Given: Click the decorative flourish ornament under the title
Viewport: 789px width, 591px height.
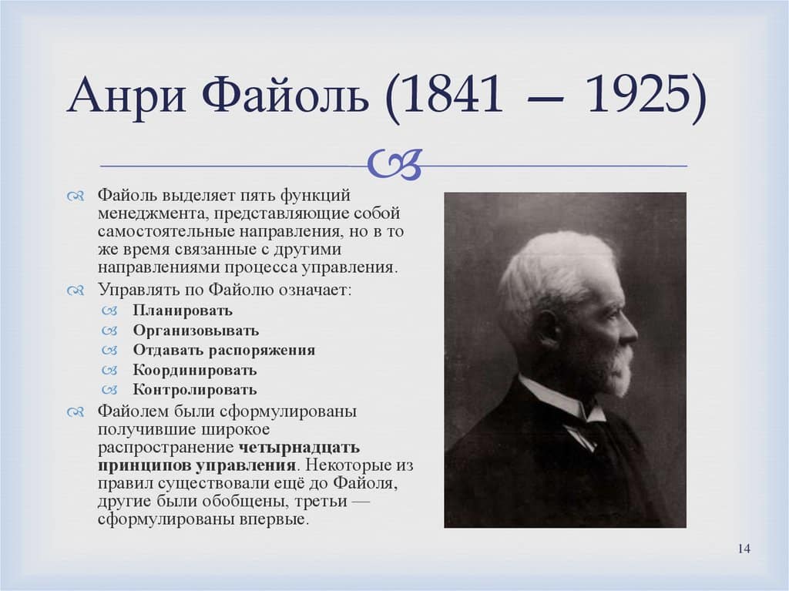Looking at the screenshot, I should [394, 163].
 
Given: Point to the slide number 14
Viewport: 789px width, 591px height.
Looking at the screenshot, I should [744, 548].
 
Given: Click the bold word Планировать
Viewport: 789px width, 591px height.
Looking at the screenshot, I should [182, 311].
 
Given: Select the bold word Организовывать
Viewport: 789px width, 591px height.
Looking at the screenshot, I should [196, 331].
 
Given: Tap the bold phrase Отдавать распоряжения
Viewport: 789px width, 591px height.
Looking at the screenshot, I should [223, 351].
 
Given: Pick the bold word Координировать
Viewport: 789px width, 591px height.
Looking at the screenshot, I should [195, 371].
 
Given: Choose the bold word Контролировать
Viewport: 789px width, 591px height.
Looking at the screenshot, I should [195, 390].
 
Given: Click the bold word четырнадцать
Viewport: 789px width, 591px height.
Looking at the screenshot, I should [299, 447].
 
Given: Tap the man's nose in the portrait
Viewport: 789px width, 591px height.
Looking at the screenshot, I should [630, 333].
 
